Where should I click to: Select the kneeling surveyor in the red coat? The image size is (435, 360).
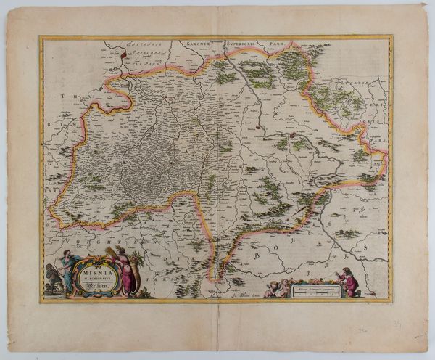(349, 282)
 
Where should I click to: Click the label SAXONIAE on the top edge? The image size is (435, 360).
(204, 44)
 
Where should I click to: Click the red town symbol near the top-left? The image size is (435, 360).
(124, 54)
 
